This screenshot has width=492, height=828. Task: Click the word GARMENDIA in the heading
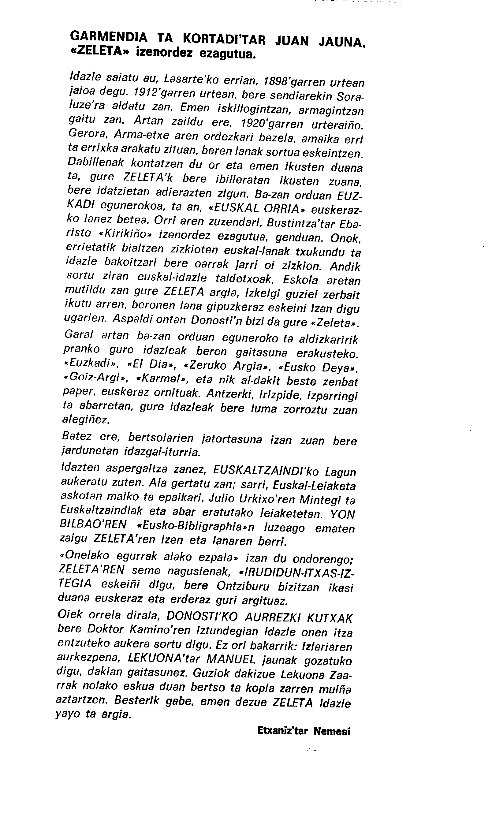[109, 37]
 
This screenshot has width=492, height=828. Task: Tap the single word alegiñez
[86, 420]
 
